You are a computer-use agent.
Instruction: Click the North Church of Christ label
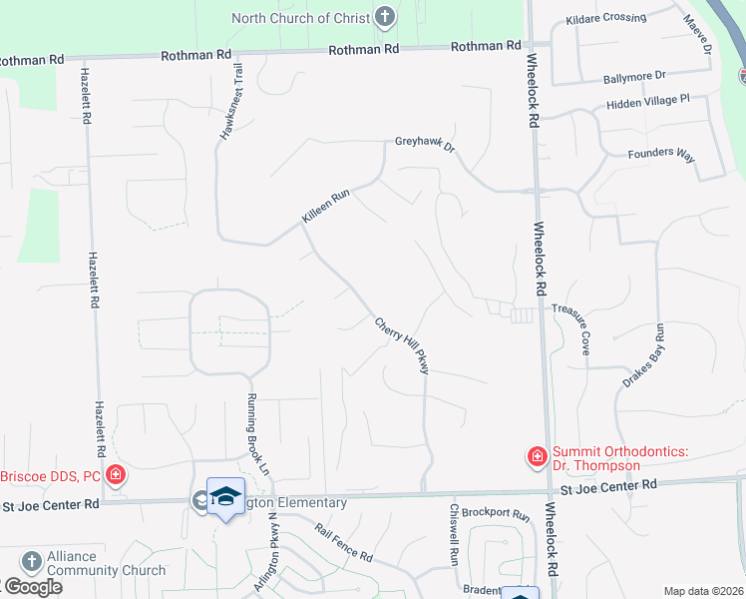click(x=300, y=18)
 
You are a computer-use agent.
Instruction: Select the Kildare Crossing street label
click(x=605, y=18)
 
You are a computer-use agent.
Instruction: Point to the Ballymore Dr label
click(x=633, y=78)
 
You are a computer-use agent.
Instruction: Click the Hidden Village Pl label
click(x=647, y=102)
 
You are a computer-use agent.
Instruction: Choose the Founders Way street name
click(x=660, y=154)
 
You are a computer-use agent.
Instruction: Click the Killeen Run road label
click(x=324, y=208)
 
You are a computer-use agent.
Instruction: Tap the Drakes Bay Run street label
click(x=642, y=355)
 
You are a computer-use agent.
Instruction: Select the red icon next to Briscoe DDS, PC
click(x=117, y=474)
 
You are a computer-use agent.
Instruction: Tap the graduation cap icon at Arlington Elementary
click(x=226, y=497)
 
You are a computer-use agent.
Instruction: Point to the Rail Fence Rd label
click(x=342, y=543)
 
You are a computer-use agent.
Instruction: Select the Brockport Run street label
click(x=495, y=513)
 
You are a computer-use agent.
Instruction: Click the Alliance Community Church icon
click(x=31, y=562)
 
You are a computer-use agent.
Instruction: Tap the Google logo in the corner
click(x=32, y=587)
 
